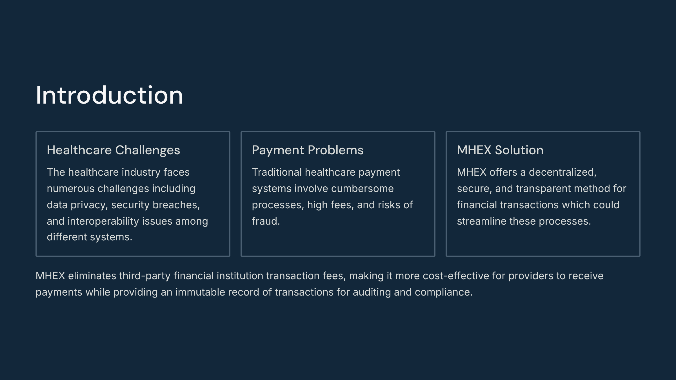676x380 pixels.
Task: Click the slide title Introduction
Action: pyautogui.click(x=109, y=95)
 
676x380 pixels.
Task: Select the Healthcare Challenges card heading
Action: pyautogui.click(x=113, y=150)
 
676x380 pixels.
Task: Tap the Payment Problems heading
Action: pyautogui.click(x=308, y=150)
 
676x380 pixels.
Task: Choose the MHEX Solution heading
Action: pyautogui.click(x=500, y=150)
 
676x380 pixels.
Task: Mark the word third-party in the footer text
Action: pyautogui.click(x=145, y=276)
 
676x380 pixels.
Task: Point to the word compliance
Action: pyautogui.click(x=444, y=292)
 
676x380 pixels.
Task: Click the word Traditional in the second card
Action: pyautogui.click(x=277, y=172)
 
